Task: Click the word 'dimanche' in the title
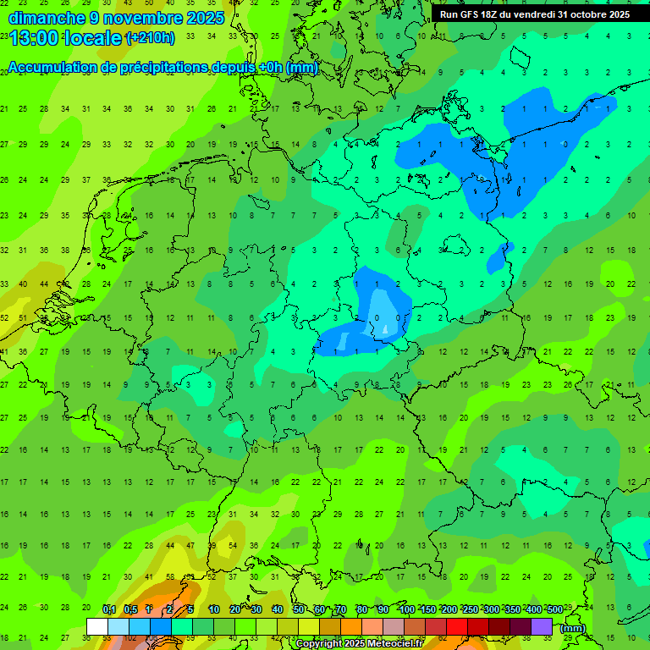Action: (x=47, y=18)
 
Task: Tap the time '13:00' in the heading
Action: (x=36, y=38)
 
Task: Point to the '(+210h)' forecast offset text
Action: (x=151, y=38)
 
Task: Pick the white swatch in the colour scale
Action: (x=97, y=626)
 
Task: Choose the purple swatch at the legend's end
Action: (x=542, y=626)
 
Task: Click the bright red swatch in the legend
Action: (x=457, y=626)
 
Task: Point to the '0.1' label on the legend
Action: (x=108, y=610)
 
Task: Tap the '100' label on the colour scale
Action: (x=406, y=610)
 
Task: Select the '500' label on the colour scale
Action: (x=554, y=610)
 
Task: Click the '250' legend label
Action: (x=470, y=610)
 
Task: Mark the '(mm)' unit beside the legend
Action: (x=573, y=628)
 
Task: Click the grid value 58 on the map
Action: (x=170, y=577)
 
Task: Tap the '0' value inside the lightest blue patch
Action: (x=377, y=318)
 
